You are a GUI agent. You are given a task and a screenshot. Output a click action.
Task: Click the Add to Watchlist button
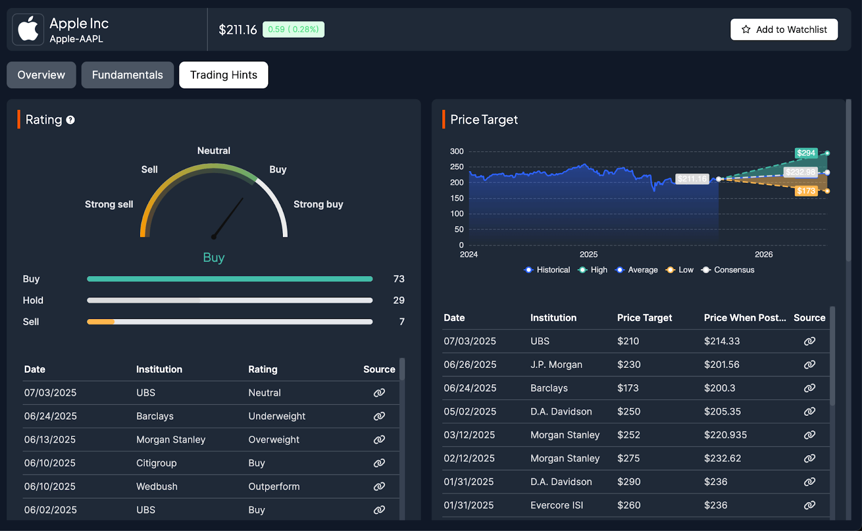(x=783, y=30)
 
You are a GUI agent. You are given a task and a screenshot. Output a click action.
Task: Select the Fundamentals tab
(x=127, y=75)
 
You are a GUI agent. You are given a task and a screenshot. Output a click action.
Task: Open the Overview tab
(x=41, y=75)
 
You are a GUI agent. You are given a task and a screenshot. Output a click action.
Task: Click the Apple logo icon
(x=28, y=30)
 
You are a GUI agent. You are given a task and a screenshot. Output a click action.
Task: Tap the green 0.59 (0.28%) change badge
(x=293, y=30)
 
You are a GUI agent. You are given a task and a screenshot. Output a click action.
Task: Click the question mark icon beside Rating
(x=71, y=120)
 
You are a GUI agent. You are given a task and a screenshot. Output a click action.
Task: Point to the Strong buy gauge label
(x=318, y=204)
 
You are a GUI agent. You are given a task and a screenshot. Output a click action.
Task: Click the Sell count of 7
(x=401, y=322)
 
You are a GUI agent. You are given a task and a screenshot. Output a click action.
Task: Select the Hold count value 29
(x=398, y=300)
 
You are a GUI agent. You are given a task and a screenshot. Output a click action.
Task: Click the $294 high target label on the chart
(x=806, y=153)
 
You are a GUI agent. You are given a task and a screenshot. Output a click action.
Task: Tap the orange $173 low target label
(x=806, y=191)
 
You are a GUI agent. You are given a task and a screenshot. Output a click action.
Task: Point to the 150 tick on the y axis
(x=457, y=199)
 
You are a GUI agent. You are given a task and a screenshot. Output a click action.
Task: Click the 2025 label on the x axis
(x=588, y=254)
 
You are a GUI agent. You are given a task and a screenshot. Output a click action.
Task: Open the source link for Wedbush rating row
(x=379, y=486)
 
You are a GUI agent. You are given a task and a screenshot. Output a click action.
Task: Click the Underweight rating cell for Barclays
(x=276, y=416)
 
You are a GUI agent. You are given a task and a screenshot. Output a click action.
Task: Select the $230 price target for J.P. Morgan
(x=629, y=365)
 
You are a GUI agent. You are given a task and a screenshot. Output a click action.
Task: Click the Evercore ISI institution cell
(x=557, y=505)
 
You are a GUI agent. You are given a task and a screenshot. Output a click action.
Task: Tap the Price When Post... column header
(x=745, y=318)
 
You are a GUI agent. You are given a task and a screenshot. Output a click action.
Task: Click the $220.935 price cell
(x=725, y=435)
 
